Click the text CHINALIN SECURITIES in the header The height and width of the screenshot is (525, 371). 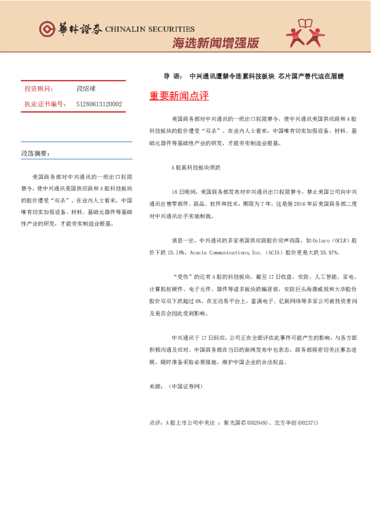pyautogui.click(x=150, y=29)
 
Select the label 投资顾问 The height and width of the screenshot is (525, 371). pyautogui.click(x=38, y=89)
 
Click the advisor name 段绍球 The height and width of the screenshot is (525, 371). pyautogui.click(x=85, y=89)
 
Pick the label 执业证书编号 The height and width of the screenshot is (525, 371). pyautogui.click(x=44, y=104)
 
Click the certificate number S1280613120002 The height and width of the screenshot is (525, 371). pyautogui.click(x=99, y=104)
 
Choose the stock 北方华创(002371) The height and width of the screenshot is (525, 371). pyautogui.click(x=294, y=423)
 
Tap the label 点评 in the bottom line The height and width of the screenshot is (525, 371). pyautogui.click(x=155, y=423)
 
